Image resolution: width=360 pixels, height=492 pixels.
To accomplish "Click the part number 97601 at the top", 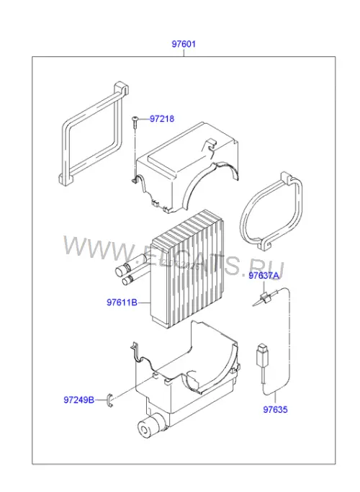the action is (184, 44).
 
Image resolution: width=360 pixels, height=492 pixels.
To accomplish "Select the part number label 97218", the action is (162, 119).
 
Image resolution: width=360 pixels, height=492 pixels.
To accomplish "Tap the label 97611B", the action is (122, 303).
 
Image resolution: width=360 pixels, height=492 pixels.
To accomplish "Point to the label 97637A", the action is (264, 275).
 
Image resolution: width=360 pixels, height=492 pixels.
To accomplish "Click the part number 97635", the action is (275, 409).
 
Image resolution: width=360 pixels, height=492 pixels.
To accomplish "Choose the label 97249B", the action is (79, 400).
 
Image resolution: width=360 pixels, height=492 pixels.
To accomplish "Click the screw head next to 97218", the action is (135, 119).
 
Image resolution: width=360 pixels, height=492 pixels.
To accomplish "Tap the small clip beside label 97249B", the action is (110, 401).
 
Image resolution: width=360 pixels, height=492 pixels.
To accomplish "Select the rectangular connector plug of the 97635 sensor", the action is (261, 356).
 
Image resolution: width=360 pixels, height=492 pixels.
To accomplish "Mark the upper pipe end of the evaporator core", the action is (121, 270).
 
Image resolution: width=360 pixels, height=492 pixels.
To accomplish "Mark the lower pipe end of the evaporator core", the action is (127, 280).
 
